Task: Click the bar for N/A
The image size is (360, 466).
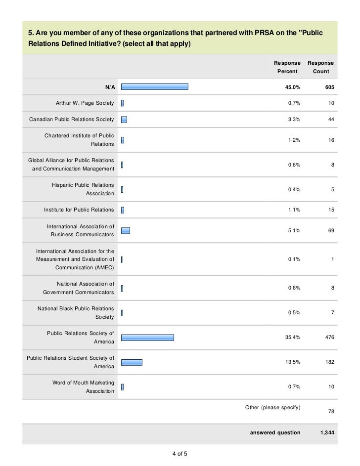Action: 154,87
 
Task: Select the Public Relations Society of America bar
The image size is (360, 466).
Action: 147,338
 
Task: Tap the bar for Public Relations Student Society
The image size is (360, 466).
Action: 132,362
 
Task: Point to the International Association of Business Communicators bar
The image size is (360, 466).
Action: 126,230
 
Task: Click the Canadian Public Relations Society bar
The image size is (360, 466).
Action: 124,120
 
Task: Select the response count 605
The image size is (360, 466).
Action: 328,87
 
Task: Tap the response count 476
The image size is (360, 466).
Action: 328,338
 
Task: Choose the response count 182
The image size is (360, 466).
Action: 328,362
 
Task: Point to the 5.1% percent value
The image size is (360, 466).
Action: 294,230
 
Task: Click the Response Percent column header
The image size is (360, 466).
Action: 287,67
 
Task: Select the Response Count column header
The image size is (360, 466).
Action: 320,67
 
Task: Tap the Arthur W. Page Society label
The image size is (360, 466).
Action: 81,103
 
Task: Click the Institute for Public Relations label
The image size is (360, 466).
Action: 79,210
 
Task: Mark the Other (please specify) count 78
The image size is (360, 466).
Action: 330,412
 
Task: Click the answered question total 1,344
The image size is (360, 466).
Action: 327,432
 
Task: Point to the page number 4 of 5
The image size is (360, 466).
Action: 180,454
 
